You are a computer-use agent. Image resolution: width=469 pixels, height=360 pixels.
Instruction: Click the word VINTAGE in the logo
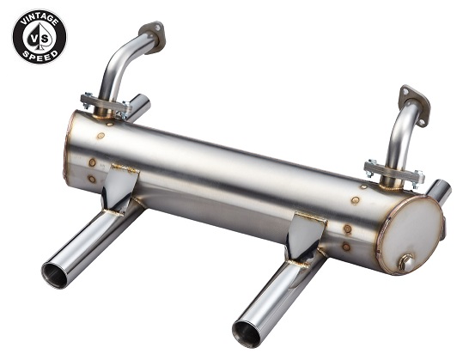click(x=40, y=20)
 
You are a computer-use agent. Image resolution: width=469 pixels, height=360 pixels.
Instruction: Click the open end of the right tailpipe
click(x=247, y=333)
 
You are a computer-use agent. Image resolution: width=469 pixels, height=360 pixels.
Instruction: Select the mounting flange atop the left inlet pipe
click(x=153, y=37)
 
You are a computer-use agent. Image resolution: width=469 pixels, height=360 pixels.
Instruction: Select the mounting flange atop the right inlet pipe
click(x=415, y=106)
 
